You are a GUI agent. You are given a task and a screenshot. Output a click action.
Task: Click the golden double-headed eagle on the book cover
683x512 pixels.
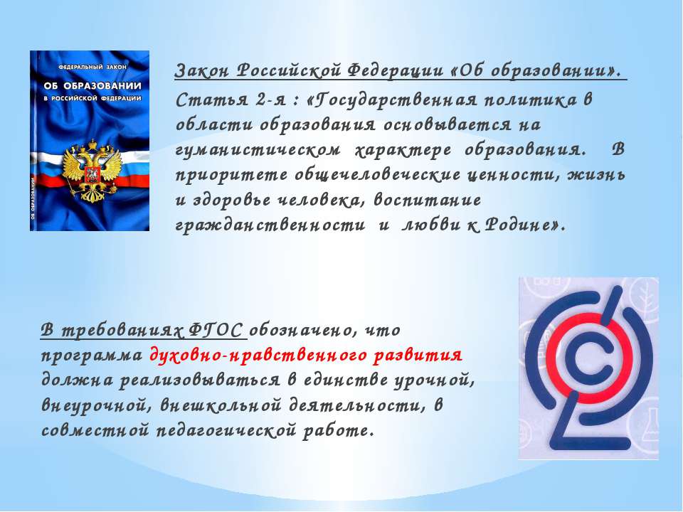[x=91, y=170]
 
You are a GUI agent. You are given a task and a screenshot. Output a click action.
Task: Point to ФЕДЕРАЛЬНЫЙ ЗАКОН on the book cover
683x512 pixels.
[x=92, y=67]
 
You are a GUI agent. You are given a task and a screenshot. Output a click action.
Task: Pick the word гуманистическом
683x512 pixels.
[x=258, y=151]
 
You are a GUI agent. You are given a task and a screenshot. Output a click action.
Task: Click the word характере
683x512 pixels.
[x=403, y=151]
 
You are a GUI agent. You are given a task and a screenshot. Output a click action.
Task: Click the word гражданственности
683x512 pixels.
[x=270, y=225]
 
